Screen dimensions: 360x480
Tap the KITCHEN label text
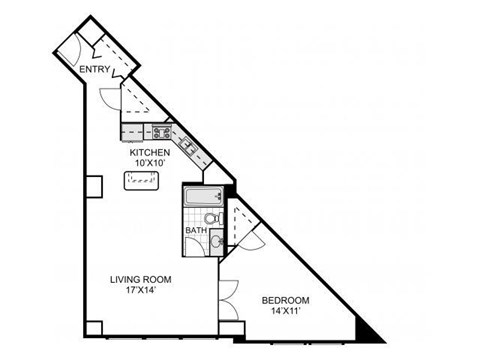(x=164, y=152)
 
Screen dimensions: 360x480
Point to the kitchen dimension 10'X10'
(x=164, y=163)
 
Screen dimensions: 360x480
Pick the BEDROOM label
(x=286, y=300)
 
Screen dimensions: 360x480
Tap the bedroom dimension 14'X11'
(x=286, y=311)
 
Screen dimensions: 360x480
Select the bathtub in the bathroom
(x=197, y=196)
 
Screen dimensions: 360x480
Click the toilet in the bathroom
(x=211, y=217)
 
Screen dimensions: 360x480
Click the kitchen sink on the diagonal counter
(x=187, y=147)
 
